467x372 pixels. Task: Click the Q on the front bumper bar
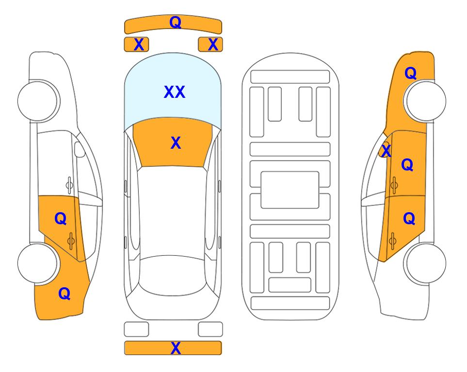coord(175,22)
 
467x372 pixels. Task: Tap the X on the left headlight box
coord(139,45)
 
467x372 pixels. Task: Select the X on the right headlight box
coord(213,45)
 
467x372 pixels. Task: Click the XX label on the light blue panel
coord(175,92)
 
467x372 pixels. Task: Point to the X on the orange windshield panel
coord(176,143)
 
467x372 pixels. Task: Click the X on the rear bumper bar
coord(176,348)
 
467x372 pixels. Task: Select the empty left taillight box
coord(136,329)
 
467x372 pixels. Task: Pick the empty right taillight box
coord(210,329)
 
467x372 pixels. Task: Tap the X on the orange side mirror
coord(386,150)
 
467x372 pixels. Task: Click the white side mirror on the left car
coord(80,149)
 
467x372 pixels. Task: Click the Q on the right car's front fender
coord(410,73)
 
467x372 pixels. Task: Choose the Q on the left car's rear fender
coord(64,294)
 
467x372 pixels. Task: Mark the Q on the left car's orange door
coord(61,219)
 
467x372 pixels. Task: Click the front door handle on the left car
coord(69,185)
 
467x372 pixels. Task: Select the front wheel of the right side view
coord(425,101)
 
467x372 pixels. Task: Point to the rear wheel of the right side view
coord(425,263)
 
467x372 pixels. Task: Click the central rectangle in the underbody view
coord(290,190)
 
